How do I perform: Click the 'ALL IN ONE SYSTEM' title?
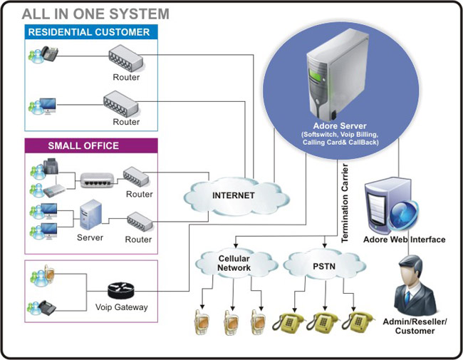95,14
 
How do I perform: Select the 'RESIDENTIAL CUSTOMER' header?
88,32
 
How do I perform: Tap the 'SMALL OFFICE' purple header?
83,146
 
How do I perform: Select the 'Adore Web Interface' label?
404,240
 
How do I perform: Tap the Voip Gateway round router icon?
121,291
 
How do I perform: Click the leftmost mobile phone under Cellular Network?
202,322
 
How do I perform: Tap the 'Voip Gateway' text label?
121,308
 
